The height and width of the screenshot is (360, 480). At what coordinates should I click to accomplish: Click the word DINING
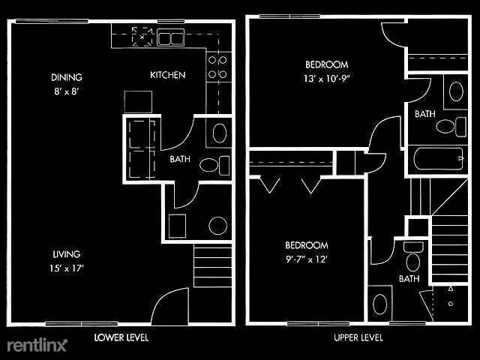coord(67,77)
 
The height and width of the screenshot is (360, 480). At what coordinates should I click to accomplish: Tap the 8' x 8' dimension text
coord(67,91)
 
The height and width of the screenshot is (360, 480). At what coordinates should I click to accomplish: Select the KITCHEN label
coord(168,75)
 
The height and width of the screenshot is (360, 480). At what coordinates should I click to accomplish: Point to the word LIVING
coord(67,254)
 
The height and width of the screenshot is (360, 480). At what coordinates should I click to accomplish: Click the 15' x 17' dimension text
coord(67,268)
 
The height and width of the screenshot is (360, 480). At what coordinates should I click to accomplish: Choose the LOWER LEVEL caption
coord(121,337)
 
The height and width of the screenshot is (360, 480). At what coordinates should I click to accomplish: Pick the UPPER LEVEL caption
coord(358,337)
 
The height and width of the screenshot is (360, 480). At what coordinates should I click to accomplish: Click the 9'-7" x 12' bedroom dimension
coord(306,259)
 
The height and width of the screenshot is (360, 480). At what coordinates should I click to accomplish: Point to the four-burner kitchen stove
coord(217,67)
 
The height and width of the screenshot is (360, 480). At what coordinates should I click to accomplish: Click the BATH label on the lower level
coord(179,159)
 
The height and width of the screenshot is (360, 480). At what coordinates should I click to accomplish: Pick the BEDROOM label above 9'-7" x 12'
coord(306,246)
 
